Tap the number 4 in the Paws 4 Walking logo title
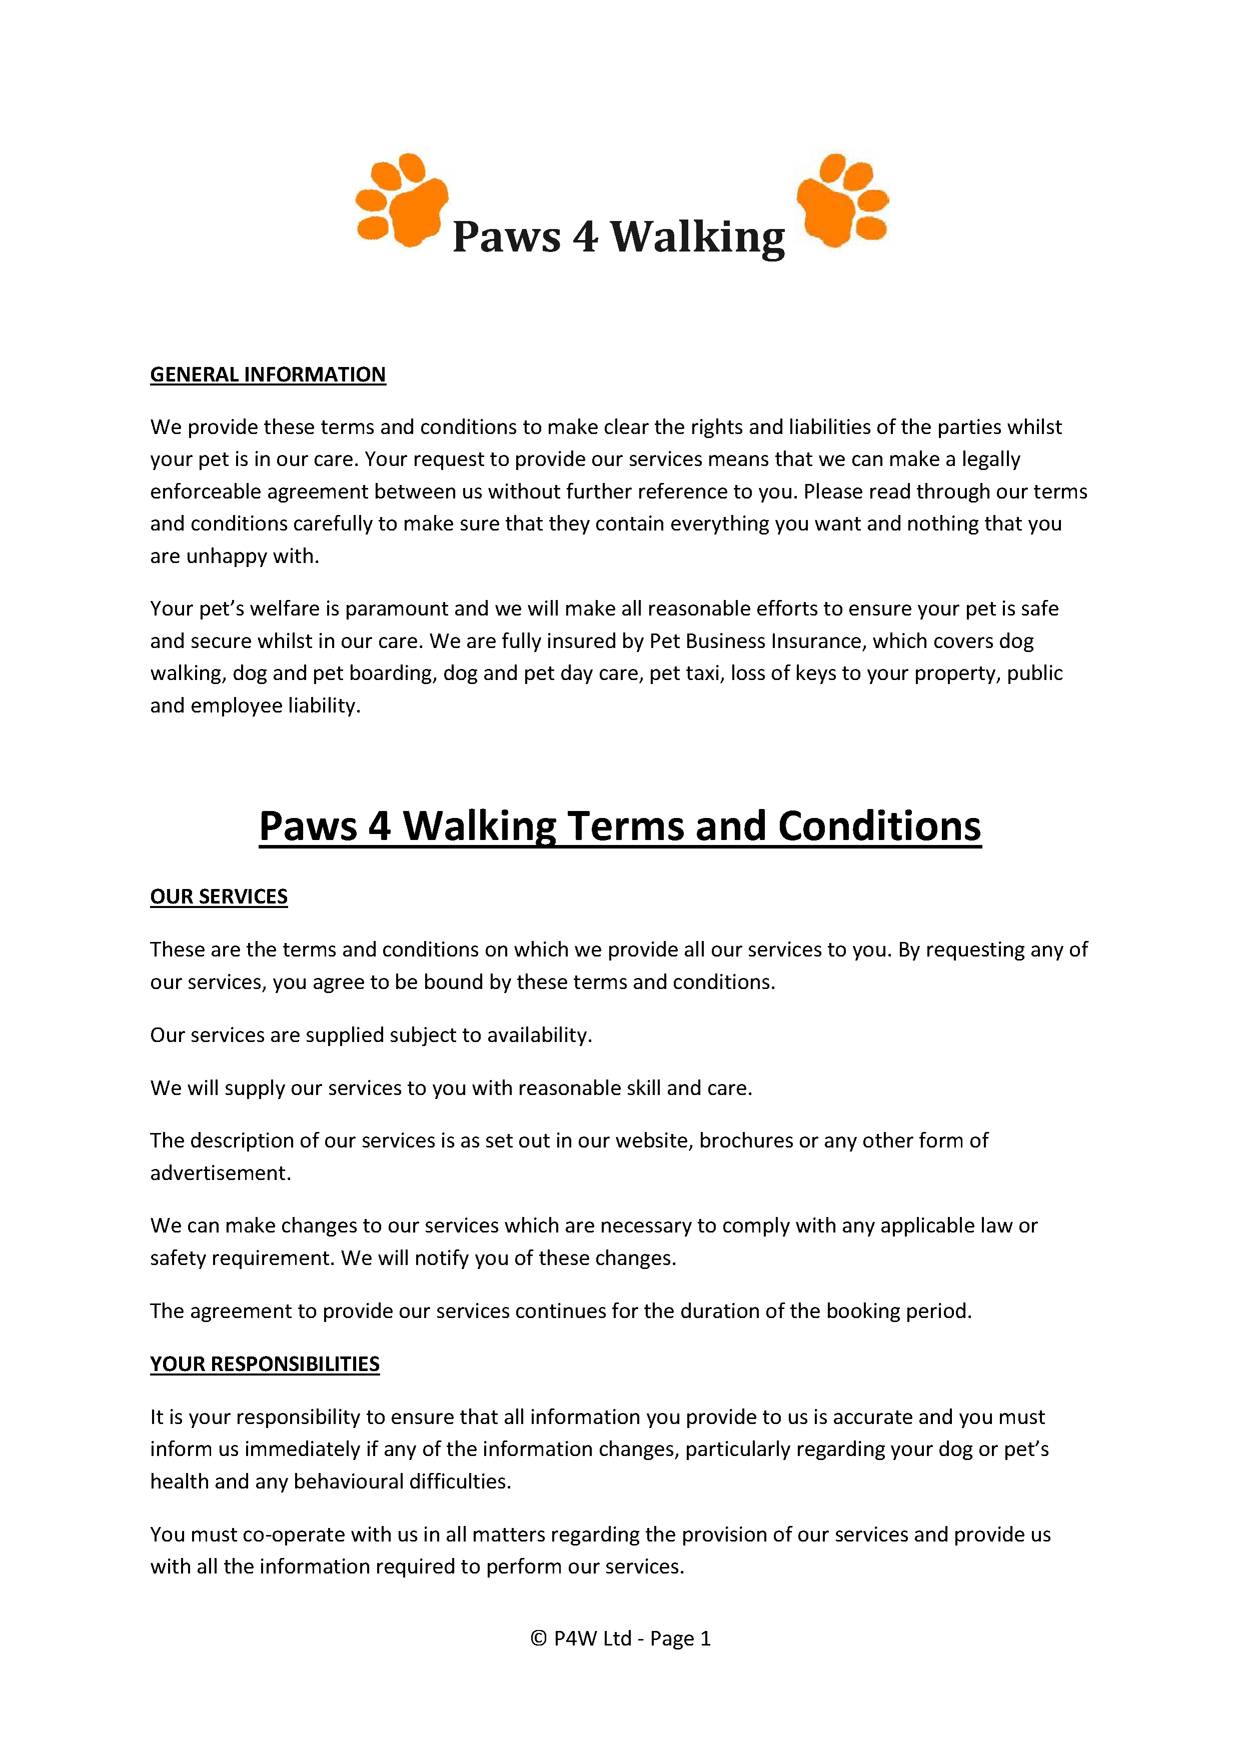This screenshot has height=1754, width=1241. point(585,237)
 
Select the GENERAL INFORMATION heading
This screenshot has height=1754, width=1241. point(268,374)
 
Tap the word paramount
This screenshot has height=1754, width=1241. point(396,609)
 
